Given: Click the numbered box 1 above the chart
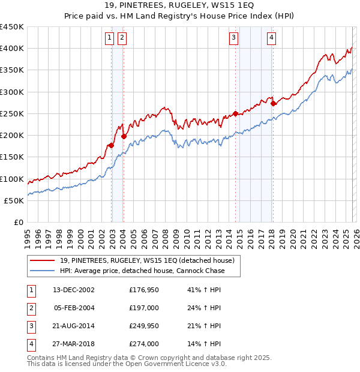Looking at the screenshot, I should [110, 38].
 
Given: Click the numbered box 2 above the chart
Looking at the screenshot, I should [122, 38].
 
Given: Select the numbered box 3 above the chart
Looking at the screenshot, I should [233, 38].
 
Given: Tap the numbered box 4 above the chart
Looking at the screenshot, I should [271, 38].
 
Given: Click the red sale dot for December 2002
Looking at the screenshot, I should [112, 145].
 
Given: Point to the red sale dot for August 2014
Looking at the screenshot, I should [235, 113].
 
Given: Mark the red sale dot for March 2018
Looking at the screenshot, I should [273, 103].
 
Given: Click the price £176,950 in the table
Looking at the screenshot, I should [143, 290].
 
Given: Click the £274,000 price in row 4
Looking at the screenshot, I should [143, 344].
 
